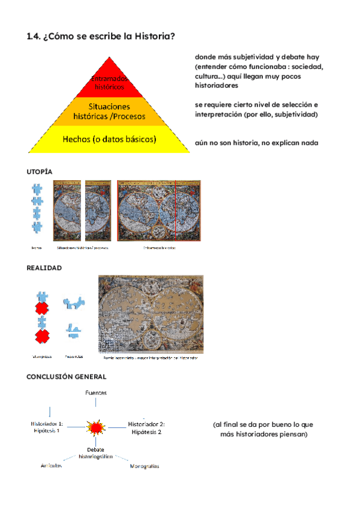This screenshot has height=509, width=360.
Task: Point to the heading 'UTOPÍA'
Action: pos(40,172)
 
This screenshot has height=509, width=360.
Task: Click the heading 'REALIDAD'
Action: pos(44,268)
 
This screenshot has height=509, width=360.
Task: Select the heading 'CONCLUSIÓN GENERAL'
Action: pos(66,376)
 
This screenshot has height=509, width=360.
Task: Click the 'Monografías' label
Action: pos(144,466)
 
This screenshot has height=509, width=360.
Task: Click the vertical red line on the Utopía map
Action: pos(175,210)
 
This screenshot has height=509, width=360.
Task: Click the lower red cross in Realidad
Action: pos(42,336)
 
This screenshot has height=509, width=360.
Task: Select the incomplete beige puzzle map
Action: pos(150,314)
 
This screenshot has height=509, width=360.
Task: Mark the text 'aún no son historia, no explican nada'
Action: pos(256,143)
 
